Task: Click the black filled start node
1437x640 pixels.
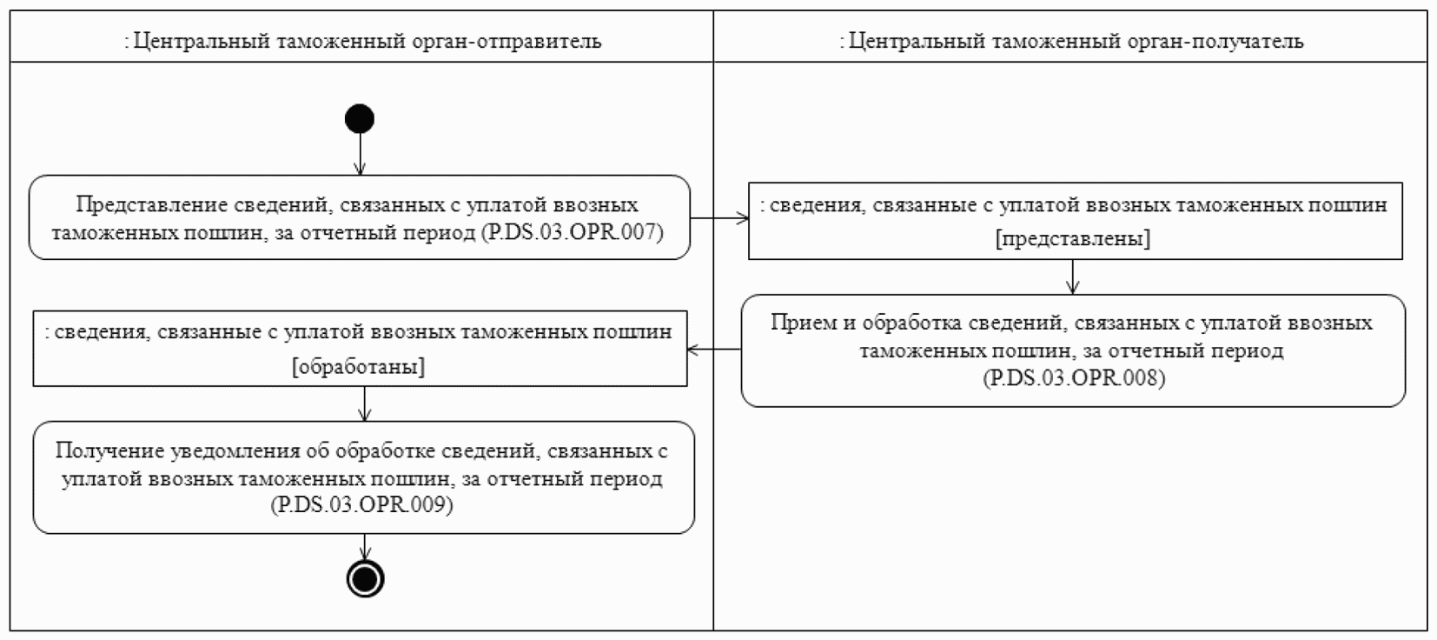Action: pyautogui.click(x=360, y=118)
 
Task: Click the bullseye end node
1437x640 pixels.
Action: pyautogui.click(x=365, y=579)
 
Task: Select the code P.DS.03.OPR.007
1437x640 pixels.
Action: pyautogui.click(x=572, y=232)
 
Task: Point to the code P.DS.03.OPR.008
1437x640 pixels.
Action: pyautogui.click(x=1074, y=378)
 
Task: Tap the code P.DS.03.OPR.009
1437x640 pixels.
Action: pyautogui.click(x=362, y=505)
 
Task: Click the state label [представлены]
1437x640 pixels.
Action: pyautogui.click(x=1073, y=239)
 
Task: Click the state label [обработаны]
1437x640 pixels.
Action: pyautogui.click(x=359, y=367)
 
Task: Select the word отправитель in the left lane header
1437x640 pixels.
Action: pyautogui.click(x=543, y=41)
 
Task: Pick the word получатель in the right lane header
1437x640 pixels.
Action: pyautogui.click(x=1248, y=41)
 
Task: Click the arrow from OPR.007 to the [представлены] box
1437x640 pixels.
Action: pyautogui.click(x=719, y=217)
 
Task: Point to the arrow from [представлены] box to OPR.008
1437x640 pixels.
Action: pyautogui.click(x=1074, y=277)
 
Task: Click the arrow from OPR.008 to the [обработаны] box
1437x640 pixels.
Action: pyautogui.click(x=714, y=350)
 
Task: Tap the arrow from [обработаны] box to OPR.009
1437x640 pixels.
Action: pyautogui.click(x=365, y=403)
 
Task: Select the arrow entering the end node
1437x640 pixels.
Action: pyautogui.click(x=365, y=547)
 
